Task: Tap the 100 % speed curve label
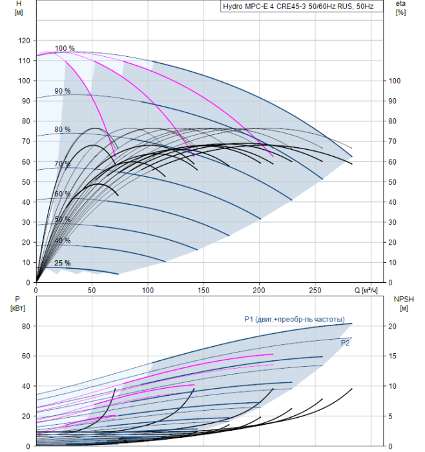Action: pyautogui.click(x=65, y=48)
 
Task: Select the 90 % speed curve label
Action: pyautogui.click(x=63, y=91)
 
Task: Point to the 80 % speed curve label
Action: pyautogui.click(x=63, y=129)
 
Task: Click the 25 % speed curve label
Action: pyautogui.click(x=63, y=263)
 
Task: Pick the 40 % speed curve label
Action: pyautogui.click(x=63, y=240)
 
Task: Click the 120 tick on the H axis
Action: pyautogui.click(x=24, y=41)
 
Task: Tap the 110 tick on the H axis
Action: pyautogui.click(x=24, y=61)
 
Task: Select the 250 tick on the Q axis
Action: pyautogui.click(x=315, y=291)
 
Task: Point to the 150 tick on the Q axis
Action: pyautogui.click(x=203, y=291)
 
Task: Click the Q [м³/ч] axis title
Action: pyautogui.click(x=366, y=291)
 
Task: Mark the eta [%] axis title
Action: pyautogui.click(x=401, y=8)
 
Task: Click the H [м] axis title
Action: pyautogui.click(x=19, y=8)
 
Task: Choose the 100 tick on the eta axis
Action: pyautogui.click(x=395, y=81)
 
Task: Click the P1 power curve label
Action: pyautogui.click(x=295, y=319)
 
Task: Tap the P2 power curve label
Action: pyautogui.click(x=345, y=343)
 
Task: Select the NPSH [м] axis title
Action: pyautogui.click(x=404, y=303)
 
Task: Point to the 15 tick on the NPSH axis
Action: pyautogui.click(x=393, y=356)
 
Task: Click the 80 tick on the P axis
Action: pyautogui.click(x=26, y=326)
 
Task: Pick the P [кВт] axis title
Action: pyautogui.click(x=17, y=303)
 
